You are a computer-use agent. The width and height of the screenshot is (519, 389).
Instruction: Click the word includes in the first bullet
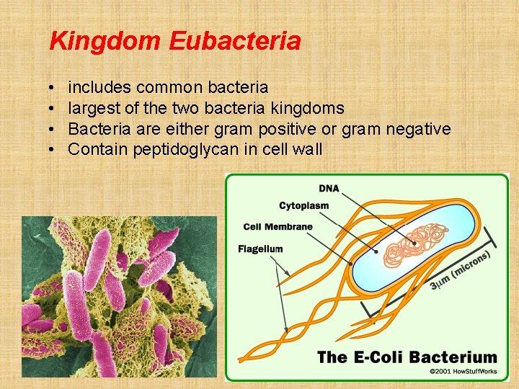99,88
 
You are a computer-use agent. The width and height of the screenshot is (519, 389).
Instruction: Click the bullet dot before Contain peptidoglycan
54,150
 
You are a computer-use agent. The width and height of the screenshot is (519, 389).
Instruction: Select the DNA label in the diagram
329,189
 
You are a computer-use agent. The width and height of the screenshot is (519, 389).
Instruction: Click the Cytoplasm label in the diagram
304,206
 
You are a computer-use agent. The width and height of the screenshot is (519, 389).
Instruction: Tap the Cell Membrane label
278,227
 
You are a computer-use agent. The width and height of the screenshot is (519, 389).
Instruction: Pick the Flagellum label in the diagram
260,249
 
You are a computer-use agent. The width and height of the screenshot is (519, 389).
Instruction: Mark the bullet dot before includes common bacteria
54,88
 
